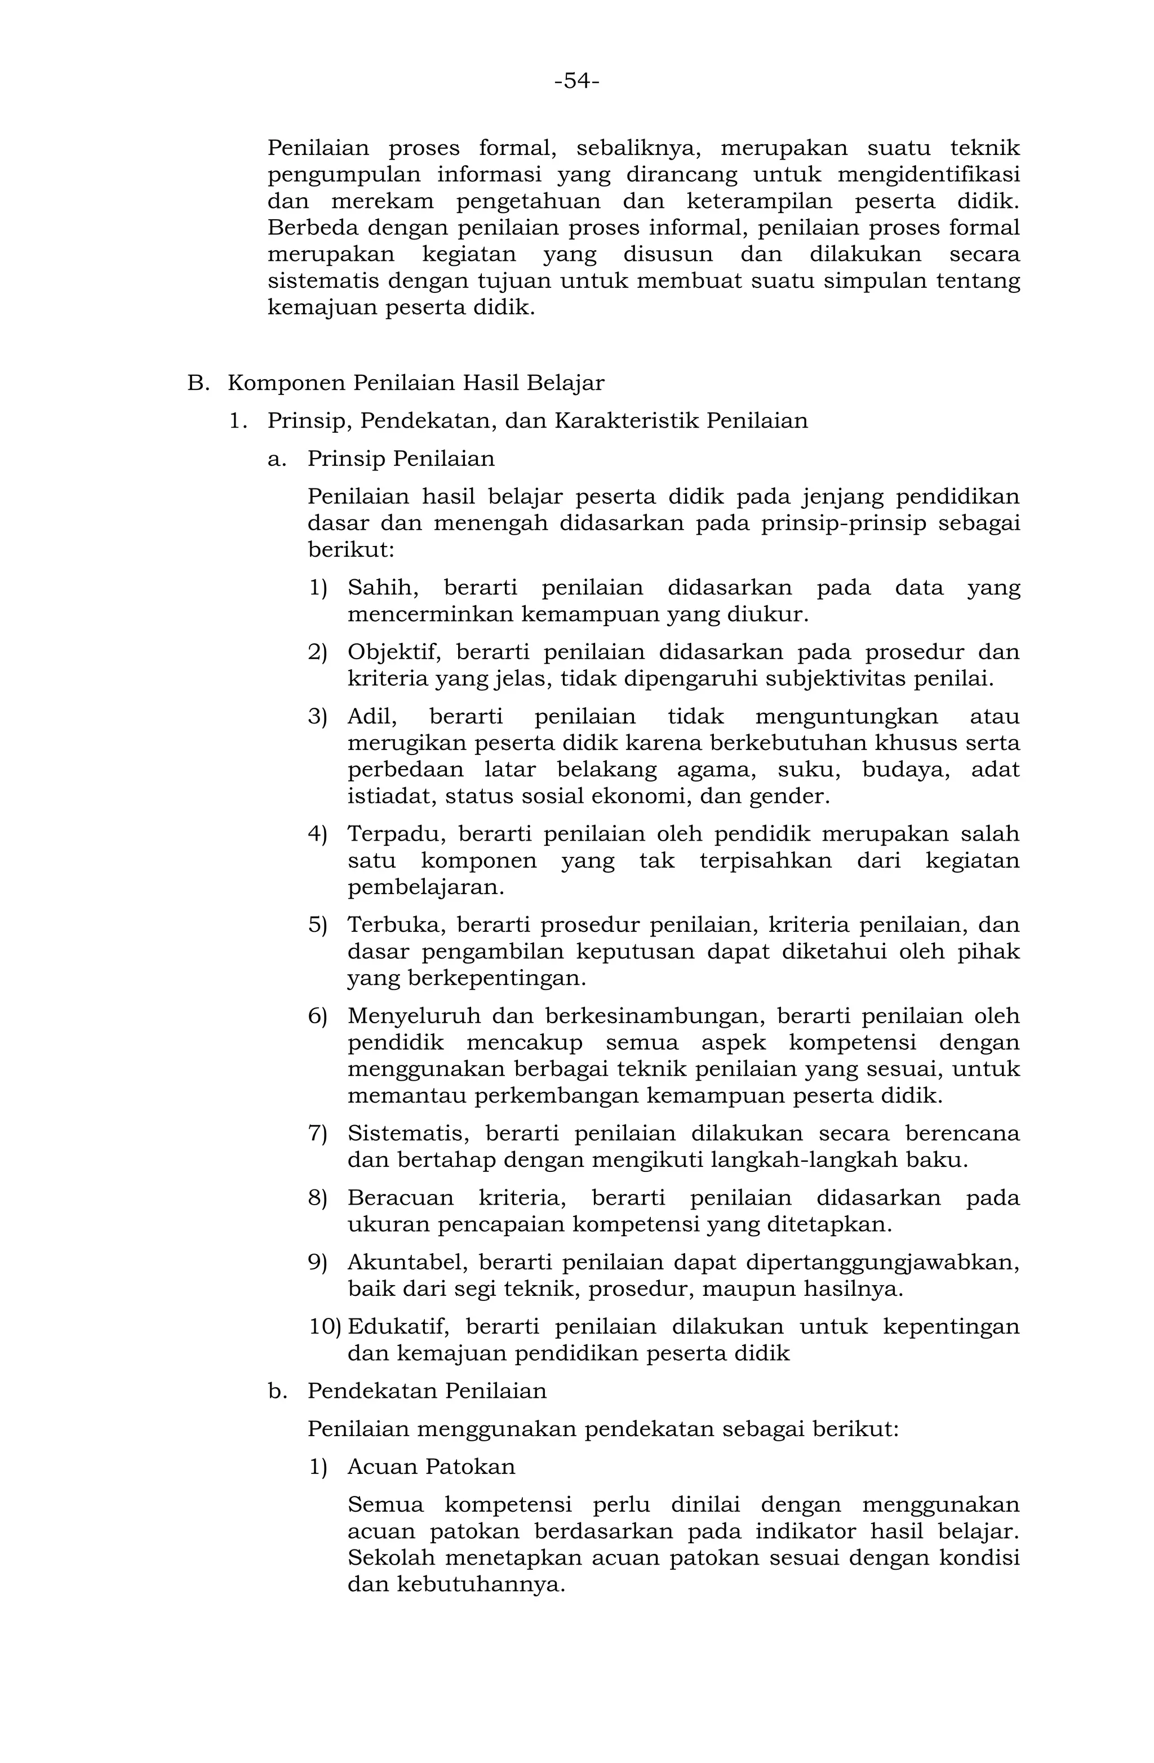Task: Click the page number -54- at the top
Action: tap(576, 81)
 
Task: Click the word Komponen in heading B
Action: tap(285, 384)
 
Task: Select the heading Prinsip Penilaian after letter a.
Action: tap(401, 459)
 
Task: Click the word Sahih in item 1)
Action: tap(382, 588)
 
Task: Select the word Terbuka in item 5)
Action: tap(394, 925)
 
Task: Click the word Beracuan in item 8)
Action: tap(401, 1198)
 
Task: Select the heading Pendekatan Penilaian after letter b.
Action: tap(427, 1391)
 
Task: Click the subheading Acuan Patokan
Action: tap(431, 1467)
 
